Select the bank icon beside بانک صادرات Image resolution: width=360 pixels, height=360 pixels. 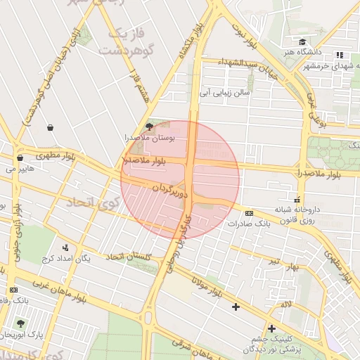249,213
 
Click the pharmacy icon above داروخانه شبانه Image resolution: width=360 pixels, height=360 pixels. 298,200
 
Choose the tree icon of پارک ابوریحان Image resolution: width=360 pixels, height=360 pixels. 19,323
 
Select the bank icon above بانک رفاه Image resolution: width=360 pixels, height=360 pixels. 13,290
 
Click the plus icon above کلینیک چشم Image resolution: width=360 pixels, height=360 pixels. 271,328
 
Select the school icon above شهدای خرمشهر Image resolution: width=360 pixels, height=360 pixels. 340,55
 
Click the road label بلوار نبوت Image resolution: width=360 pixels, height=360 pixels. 241,32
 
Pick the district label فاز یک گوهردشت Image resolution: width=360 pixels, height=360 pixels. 125,42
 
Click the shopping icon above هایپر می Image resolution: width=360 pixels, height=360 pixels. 20,158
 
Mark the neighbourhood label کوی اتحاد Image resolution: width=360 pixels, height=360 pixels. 92,204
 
